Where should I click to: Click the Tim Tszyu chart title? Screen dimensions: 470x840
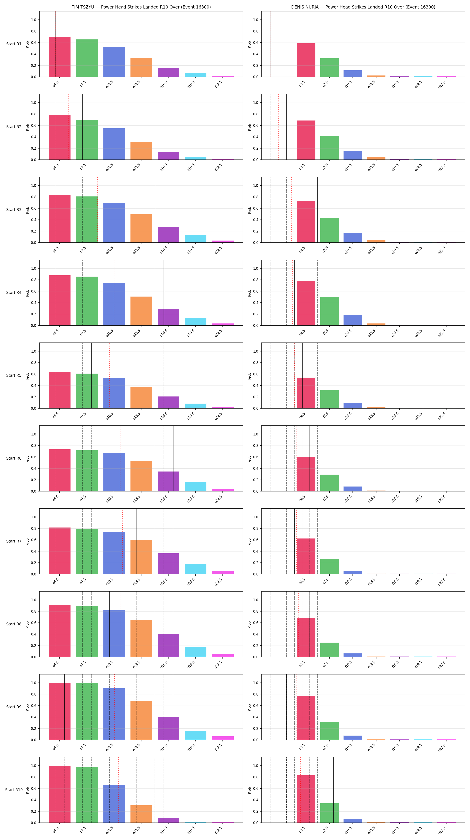point(141,7)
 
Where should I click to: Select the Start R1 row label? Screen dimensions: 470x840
point(14,44)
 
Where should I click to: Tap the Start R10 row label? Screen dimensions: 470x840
point(14,790)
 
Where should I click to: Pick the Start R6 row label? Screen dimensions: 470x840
point(14,459)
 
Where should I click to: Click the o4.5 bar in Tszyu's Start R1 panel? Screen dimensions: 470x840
point(60,57)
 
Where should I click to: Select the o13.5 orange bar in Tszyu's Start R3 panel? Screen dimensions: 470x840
point(141,228)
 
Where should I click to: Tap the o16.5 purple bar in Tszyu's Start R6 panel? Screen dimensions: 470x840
point(168,481)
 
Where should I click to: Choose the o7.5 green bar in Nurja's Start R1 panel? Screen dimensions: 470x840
point(329,67)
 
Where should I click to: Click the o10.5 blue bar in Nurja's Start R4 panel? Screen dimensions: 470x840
point(353,320)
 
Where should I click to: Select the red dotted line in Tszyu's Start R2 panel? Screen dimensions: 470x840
point(69,127)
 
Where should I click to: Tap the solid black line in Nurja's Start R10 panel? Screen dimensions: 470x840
point(333,790)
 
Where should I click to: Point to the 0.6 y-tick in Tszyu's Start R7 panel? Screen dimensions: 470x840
point(34,540)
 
